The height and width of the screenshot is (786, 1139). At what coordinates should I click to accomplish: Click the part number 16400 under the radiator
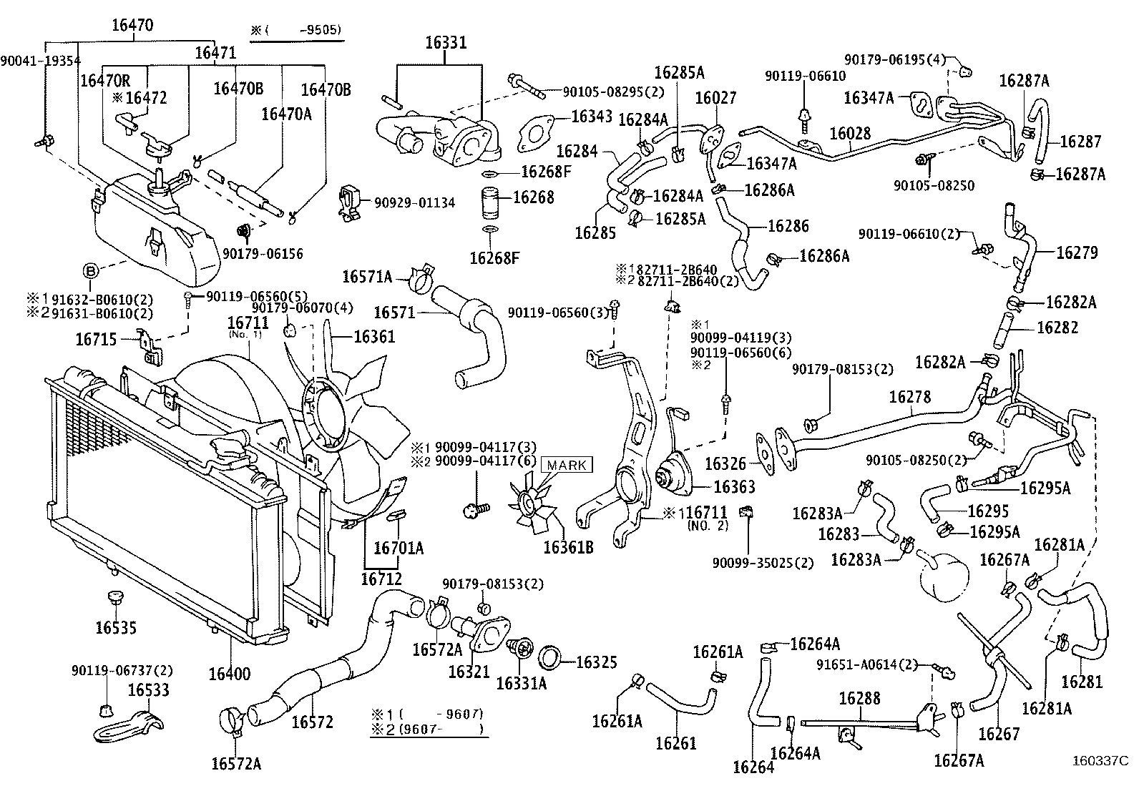pos(230,674)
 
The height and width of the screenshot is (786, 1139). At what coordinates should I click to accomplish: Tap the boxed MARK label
pos(567,465)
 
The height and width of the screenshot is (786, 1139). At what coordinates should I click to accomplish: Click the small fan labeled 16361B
pos(529,505)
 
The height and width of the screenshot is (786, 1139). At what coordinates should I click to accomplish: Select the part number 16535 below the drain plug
pos(116,627)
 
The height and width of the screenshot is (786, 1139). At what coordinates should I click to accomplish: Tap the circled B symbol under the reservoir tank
pos(90,270)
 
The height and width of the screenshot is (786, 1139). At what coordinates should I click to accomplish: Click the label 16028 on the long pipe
pos(850,134)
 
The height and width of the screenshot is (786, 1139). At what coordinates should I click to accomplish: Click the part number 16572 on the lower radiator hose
pos(312,722)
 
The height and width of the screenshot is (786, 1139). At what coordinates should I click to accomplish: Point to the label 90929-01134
pos(414,203)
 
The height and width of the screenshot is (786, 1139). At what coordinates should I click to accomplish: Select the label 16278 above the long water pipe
pos(910,396)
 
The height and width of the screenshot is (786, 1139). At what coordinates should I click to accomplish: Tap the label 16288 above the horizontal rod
pos(859,698)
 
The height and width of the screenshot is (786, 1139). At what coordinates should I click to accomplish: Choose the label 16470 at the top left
pos(132,26)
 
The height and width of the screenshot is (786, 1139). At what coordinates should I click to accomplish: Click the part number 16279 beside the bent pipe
pos(1077,252)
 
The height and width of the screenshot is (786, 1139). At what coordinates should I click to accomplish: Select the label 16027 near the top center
pos(715,98)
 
